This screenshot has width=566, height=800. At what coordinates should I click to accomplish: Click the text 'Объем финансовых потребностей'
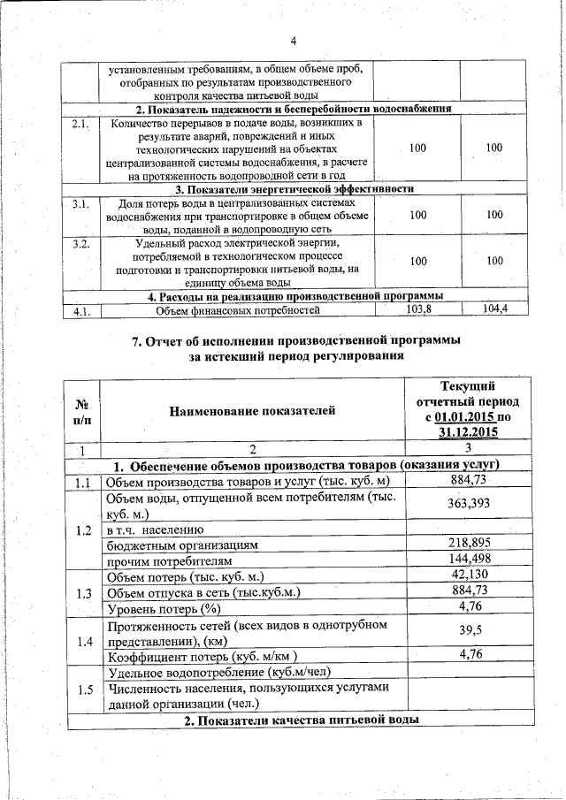click(x=238, y=310)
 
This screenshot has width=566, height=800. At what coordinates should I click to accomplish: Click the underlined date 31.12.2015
click(x=466, y=432)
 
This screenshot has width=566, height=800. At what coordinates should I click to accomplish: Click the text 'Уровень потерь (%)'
click(x=163, y=609)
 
